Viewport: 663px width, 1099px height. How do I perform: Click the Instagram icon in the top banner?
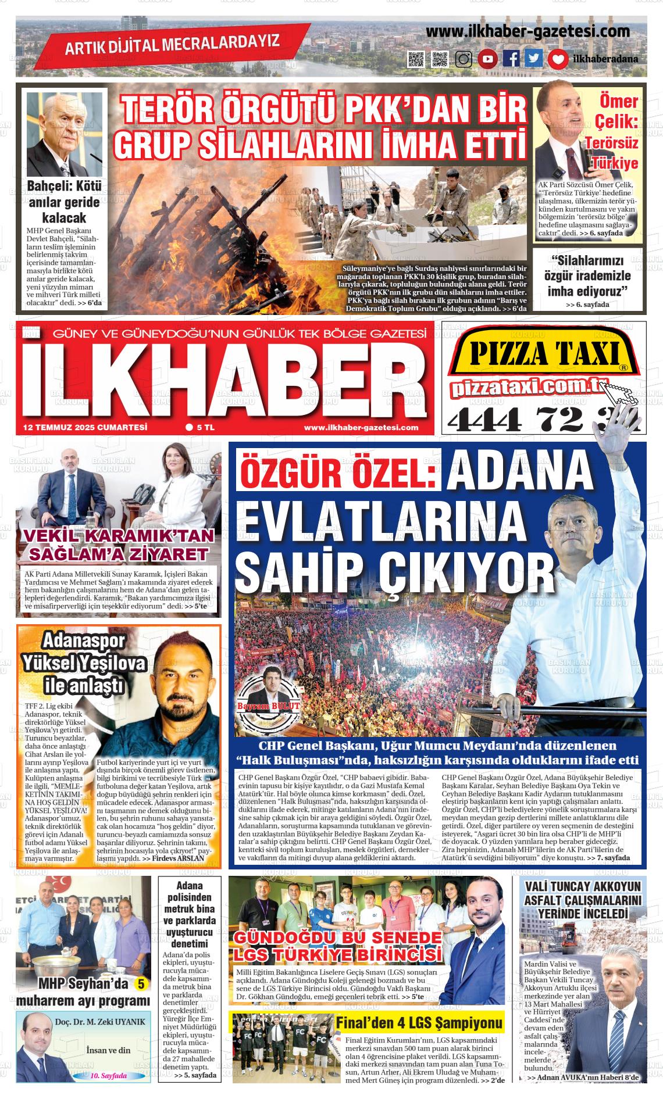pyautogui.click(x=464, y=59)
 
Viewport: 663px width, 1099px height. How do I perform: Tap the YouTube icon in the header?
pyautogui.click(x=487, y=59)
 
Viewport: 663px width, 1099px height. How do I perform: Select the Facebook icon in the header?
pyautogui.click(x=511, y=59)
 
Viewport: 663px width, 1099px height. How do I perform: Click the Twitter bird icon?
pyautogui.click(x=534, y=59)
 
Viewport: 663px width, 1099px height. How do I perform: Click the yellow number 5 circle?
pyautogui.click(x=141, y=984)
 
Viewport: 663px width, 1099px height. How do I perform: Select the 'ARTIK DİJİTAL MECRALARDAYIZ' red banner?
pyautogui.click(x=172, y=44)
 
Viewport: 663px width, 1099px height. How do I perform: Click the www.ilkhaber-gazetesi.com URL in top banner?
pyautogui.click(x=528, y=31)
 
